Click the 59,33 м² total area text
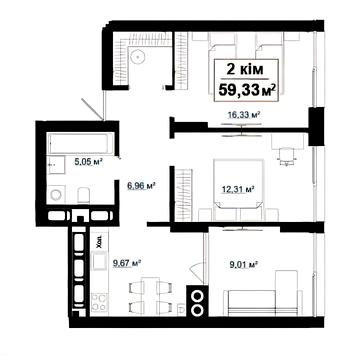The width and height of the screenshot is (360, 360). [247, 89]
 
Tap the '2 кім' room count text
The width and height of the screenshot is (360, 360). [245, 70]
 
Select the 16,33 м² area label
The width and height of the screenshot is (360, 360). [244, 115]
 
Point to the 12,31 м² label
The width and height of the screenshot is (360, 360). [238, 190]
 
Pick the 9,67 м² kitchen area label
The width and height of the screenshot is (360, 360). [127, 263]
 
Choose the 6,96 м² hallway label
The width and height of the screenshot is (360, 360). [142, 186]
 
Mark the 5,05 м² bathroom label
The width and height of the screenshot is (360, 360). [88, 162]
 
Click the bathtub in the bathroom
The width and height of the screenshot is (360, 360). [79, 143]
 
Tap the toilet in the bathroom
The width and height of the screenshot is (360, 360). [83, 195]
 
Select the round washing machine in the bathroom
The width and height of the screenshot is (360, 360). [56, 194]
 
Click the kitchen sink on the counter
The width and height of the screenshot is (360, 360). [99, 261]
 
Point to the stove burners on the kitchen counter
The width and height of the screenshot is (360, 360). [99, 302]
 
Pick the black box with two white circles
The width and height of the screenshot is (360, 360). [197, 301]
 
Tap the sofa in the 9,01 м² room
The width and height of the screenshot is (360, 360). [263, 297]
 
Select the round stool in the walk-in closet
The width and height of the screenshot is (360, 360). [138, 57]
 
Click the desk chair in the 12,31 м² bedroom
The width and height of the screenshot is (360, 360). [287, 156]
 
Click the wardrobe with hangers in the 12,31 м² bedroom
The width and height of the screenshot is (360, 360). [184, 195]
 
